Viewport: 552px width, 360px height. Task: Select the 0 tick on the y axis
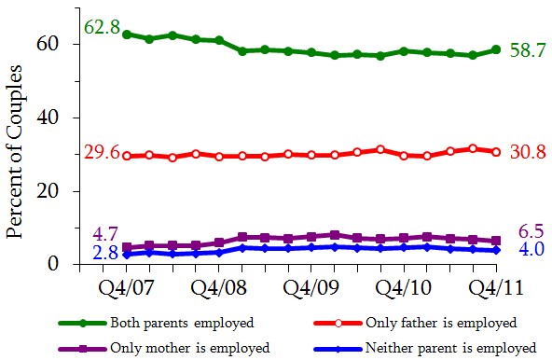point(59,266)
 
